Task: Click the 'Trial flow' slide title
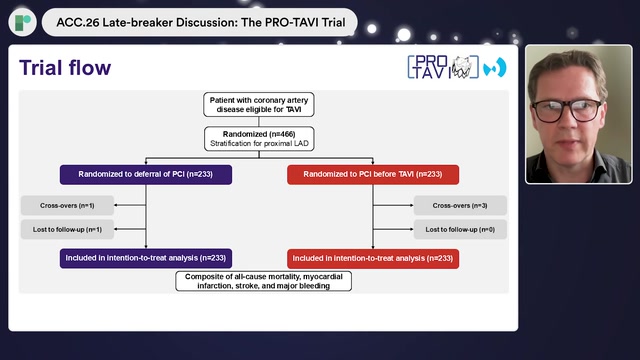[x=65, y=68]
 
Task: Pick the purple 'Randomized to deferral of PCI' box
[x=146, y=174]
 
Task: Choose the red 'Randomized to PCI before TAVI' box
[x=373, y=174]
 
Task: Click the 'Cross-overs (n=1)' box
[x=65, y=206]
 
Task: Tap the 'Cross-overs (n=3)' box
[x=460, y=206]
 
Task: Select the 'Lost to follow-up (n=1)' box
[x=65, y=230]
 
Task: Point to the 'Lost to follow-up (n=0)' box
[x=460, y=230]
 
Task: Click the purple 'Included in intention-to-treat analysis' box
[x=146, y=258]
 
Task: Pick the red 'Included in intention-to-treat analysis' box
[x=373, y=258]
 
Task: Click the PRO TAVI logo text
[x=429, y=68]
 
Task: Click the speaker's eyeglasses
[x=566, y=107]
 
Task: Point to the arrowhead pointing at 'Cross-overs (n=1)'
[x=115, y=206]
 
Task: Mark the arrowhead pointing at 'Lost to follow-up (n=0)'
[x=411, y=230]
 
